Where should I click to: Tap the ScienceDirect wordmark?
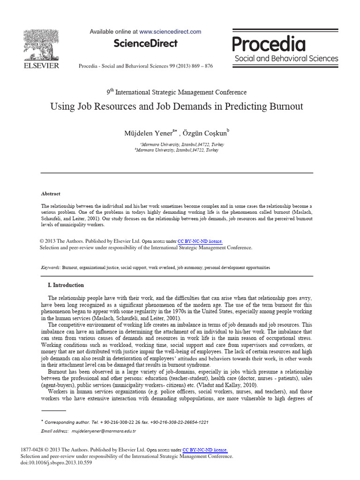click(145, 44)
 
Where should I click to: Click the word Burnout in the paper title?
click(284, 106)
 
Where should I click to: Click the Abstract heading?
click(51, 194)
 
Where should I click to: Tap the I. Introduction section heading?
click(66, 285)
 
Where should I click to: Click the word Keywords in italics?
click(50, 267)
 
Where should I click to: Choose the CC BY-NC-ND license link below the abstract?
click(200, 241)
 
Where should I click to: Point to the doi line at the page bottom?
click(56, 463)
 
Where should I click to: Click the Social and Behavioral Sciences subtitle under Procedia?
click(286, 59)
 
